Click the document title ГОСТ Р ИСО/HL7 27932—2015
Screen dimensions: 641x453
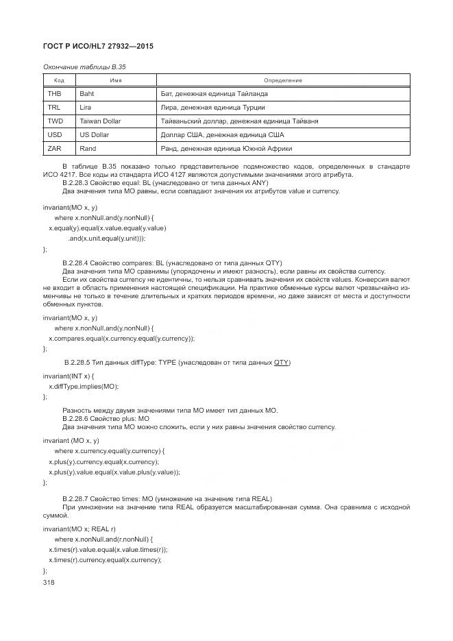tap(98, 46)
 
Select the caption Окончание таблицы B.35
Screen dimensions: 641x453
tap(84, 67)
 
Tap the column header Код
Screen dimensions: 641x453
tap(59, 80)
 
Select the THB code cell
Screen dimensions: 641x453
tap(55, 93)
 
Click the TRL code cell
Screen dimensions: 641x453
tap(54, 107)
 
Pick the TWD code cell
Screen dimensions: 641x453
tap(56, 121)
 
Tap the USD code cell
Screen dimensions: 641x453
tap(55, 134)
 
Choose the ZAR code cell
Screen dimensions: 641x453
tap(55, 148)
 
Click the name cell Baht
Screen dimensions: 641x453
tap(87, 93)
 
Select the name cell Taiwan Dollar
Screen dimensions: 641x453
tap(100, 121)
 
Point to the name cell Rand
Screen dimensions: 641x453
tap(88, 148)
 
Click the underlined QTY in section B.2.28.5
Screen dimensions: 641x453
tap(281, 362)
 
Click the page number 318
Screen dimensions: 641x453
tap(49, 581)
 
